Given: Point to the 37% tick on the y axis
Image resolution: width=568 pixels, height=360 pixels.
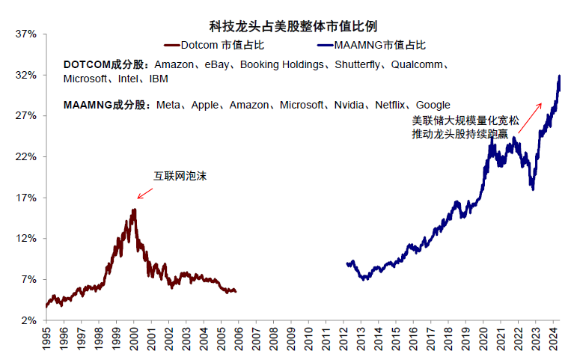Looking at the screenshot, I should (x=25, y=34).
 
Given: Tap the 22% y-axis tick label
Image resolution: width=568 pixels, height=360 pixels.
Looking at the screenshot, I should (x=25, y=157).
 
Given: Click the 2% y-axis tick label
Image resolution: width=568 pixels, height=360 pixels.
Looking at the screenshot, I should (x=28, y=320).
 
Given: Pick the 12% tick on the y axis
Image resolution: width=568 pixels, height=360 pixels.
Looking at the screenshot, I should (x=25, y=239).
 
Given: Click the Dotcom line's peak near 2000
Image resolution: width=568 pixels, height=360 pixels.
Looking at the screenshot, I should (x=134, y=210).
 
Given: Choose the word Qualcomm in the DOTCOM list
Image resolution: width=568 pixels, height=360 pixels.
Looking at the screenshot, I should (x=417, y=65).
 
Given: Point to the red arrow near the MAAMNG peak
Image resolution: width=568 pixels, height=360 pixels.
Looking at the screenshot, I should (x=530, y=115).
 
